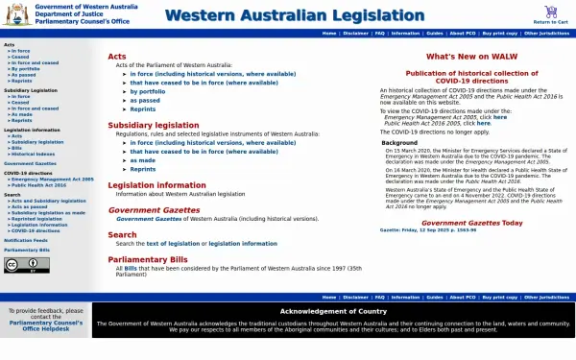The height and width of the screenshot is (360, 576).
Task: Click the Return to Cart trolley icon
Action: tap(550, 12)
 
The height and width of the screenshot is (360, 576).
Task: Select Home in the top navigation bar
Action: tap(329, 33)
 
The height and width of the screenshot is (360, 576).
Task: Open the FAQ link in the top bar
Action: tap(380, 33)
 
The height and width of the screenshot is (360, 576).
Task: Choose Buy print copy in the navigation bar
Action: tap(499, 33)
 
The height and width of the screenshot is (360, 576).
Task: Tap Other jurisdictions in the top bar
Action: tap(545, 33)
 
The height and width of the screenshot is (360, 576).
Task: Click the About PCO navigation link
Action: tap(463, 33)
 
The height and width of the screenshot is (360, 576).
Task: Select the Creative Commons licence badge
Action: tap(26, 265)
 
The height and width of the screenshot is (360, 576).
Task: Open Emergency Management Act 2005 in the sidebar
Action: tap(53, 179)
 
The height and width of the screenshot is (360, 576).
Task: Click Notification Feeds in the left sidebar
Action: tap(26, 240)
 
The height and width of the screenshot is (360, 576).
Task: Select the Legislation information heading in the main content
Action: tap(156, 184)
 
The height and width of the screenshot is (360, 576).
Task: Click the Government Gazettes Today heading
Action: tap(471, 223)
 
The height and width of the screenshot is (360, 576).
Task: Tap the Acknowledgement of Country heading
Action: tap(332, 311)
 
